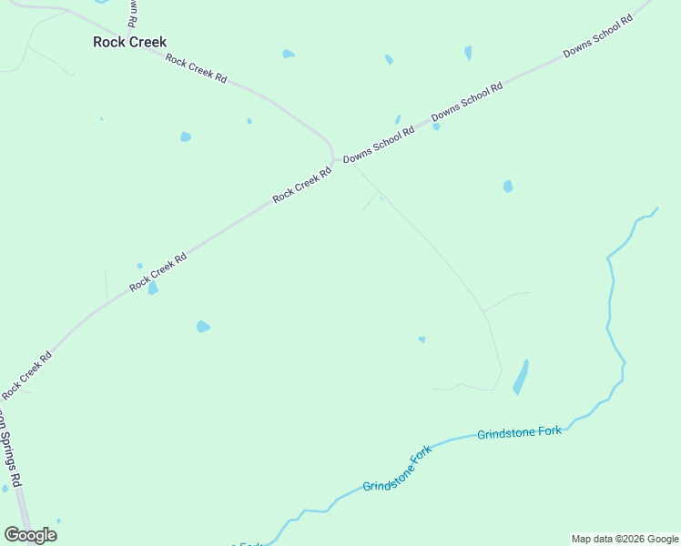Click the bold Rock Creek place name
click(x=130, y=42)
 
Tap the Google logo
click(x=30, y=535)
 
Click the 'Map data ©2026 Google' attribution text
click(x=625, y=539)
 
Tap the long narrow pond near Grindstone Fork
click(x=521, y=377)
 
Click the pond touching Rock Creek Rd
click(x=153, y=288)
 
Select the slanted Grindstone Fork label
click(x=396, y=472)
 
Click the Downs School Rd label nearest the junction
click(x=379, y=144)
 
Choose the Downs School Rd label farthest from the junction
click(x=597, y=37)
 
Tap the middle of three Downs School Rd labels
click(x=467, y=103)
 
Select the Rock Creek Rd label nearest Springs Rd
click(x=26, y=375)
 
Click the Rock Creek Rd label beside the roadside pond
click(x=158, y=272)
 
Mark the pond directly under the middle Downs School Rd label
click(x=436, y=126)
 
